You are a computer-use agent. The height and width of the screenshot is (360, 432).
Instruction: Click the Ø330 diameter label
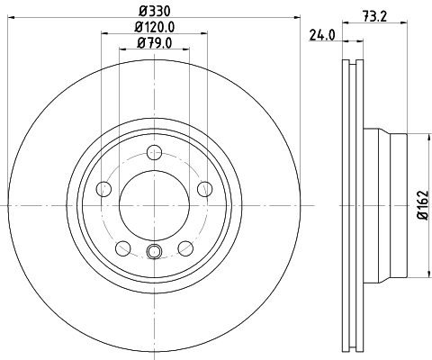coord(154,10)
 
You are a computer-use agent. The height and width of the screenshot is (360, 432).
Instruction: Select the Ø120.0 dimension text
coord(154,27)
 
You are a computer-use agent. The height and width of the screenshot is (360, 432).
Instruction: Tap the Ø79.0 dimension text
coord(154,43)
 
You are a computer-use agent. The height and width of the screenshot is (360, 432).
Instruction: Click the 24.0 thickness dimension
coord(322,36)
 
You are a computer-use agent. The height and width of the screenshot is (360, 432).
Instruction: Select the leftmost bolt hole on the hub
coord(103,189)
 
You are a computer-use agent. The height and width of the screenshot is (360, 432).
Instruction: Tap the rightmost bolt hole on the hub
coord(205,189)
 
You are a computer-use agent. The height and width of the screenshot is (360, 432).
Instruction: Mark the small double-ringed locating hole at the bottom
coord(154,253)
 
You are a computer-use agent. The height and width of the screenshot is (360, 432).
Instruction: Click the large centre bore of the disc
coord(154,206)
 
